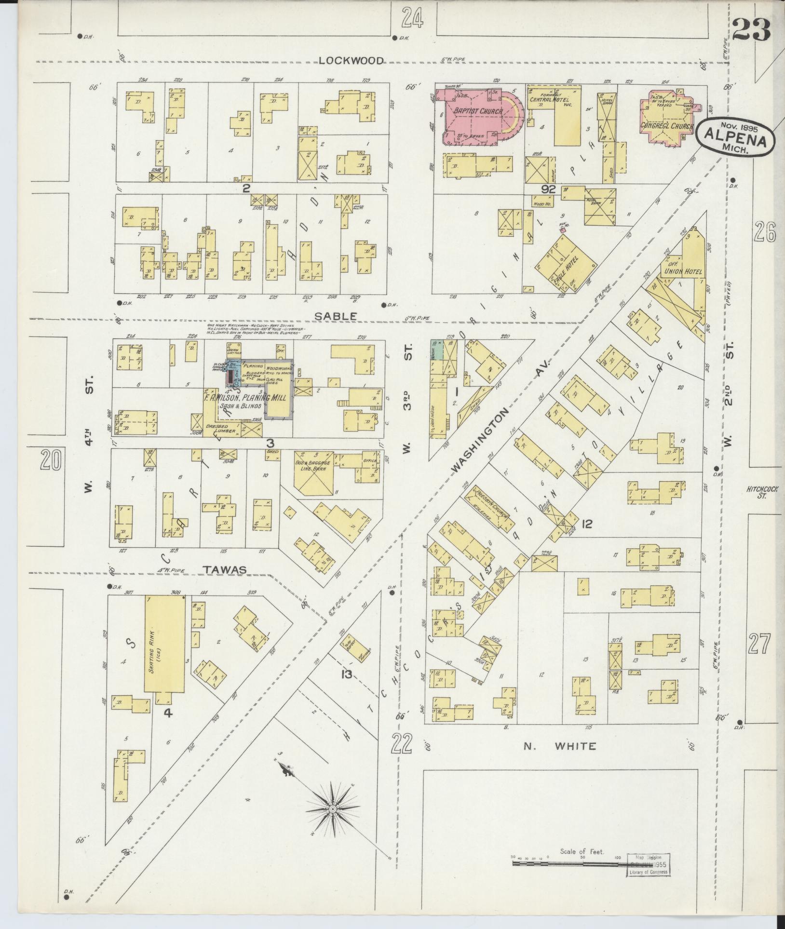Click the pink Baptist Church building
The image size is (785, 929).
click(x=473, y=113)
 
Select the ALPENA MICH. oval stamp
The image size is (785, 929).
click(x=735, y=137)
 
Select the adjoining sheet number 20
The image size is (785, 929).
click(x=51, y=460)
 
